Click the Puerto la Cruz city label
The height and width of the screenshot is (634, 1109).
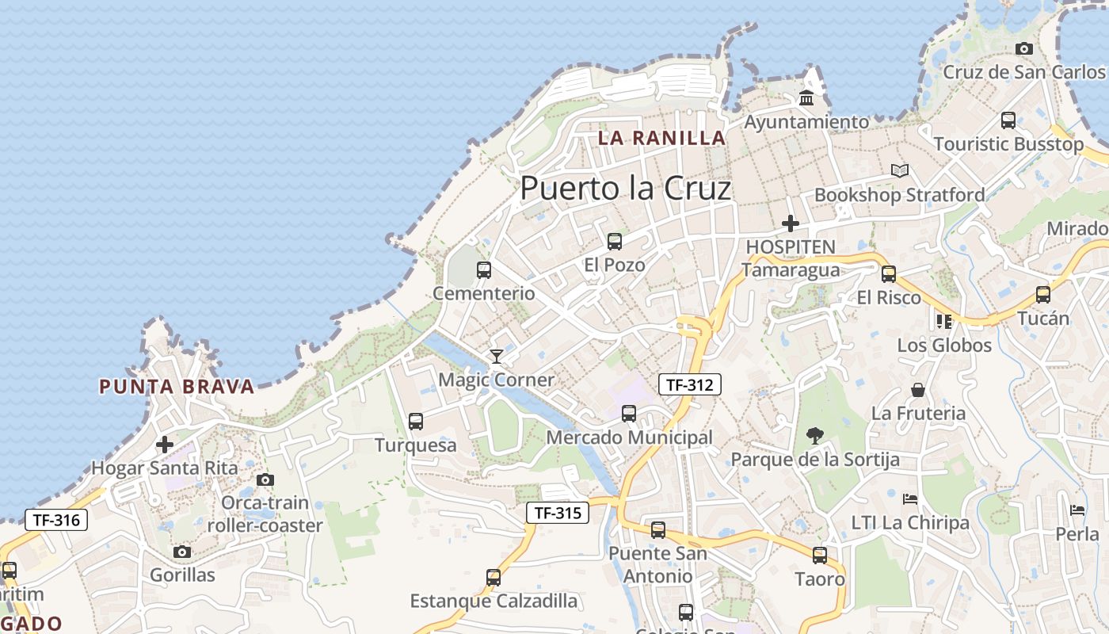(x=625, y=189)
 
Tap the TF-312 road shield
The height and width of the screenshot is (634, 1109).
(x=690, y=385)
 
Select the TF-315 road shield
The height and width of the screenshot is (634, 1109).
(x=558, y=513)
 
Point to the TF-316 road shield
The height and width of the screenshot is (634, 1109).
(x=56, y=520)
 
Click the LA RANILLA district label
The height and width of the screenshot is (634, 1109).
(x=661, y=138)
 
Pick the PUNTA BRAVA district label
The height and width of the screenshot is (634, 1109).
(x=177, y=387)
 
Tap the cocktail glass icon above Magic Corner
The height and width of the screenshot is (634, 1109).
(x=497, y=357)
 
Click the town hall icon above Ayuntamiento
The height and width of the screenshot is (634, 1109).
(x=806, y=98)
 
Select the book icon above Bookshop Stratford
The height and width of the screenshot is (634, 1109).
(x=899, y=170)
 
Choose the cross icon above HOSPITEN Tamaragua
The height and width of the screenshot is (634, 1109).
(x=790, y=223)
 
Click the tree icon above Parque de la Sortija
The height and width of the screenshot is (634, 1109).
(x=814, y=435)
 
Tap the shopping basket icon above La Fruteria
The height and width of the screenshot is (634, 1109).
(x=918, y=390)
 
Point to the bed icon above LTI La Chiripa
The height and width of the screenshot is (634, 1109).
(x=910, y=499)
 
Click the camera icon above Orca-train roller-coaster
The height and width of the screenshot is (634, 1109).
(x=265, y=479)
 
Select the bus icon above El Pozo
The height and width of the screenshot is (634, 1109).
(x=614, y=242)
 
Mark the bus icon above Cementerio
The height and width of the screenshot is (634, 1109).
(x=484, y=269)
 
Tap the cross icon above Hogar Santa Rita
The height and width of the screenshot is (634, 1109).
(x=165, y=445)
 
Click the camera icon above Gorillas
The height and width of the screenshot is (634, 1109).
(x=182, y=552)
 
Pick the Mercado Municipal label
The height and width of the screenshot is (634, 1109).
(x=630, y=437)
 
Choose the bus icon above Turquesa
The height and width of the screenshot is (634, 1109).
(x=416, y=422)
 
